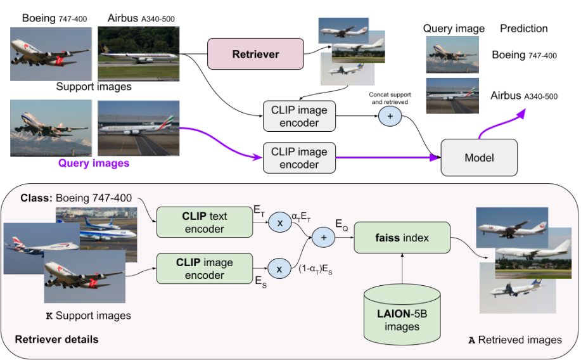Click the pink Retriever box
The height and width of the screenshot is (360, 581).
coord(255,55)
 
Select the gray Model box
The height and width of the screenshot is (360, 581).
coord(478,158)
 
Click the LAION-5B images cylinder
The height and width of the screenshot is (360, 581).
coord(402,313)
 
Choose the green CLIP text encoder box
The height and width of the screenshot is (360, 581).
coord(205,222)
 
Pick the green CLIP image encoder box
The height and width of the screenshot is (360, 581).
coord(205,269)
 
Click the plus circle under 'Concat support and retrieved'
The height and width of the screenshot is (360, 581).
coord(389,116)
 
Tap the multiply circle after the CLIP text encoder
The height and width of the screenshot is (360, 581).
coord(278,222)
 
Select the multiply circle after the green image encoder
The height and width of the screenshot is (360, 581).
coord(278,269)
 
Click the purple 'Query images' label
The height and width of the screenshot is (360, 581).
coord(94,164)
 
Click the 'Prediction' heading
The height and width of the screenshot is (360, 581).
coord(523,29)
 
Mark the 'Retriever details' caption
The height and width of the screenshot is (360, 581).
coord(56,340)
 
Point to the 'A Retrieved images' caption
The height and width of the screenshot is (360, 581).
coord(514,340)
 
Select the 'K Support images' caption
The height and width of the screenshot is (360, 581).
coord(88,316)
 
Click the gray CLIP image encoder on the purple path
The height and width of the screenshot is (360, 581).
coord(299,158)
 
